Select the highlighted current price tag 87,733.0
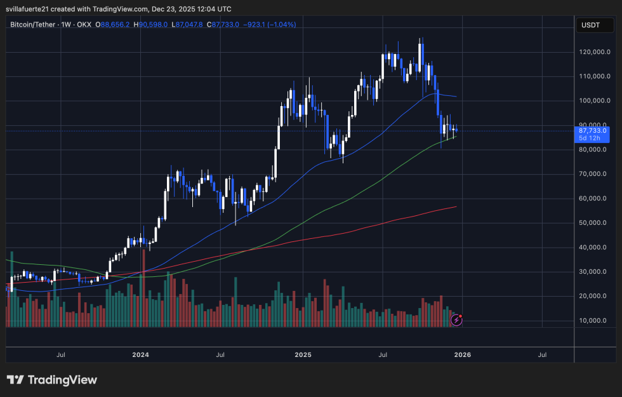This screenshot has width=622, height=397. (x=593, y=130)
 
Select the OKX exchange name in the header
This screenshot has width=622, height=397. (x=84, y=25)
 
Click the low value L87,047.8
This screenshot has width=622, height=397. (x=190, y=25)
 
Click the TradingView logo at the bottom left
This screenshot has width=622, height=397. (x=52, y=380)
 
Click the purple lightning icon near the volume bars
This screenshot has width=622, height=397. (x=456, y=320)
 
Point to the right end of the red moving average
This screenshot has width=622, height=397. (x=456, y=206)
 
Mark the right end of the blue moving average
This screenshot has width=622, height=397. (x=456, y=97)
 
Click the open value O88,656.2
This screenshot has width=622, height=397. (x=112, y=25)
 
